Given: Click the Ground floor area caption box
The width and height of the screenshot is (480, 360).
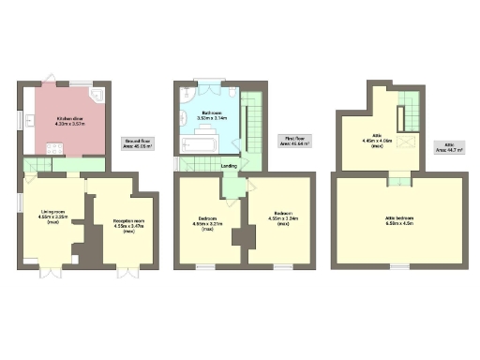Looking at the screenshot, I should point(139,144).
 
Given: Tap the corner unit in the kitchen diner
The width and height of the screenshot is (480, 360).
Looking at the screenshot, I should point(97,96).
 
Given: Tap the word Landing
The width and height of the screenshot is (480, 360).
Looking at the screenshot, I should point(228,167).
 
